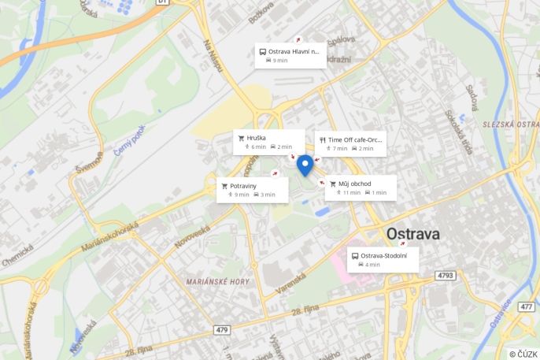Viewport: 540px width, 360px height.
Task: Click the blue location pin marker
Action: tap(305, 165)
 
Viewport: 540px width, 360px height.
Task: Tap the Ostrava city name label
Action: tap(412, 234)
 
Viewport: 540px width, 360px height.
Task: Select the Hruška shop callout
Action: tap(268, 142)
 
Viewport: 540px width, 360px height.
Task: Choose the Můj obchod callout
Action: tap(361, 188)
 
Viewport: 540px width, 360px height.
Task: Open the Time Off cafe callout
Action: tap(350, 143)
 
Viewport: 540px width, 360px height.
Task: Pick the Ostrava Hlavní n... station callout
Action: tap(290, 55)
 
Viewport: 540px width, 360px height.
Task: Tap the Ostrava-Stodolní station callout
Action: tap(383, 260)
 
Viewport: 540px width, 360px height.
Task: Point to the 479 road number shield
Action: tap(221, 329)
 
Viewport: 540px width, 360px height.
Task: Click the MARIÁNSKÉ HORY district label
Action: tap(217, 281)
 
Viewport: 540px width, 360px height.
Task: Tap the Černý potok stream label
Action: tap(129, 140)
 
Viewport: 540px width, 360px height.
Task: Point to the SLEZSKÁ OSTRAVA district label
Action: tap(511, 124)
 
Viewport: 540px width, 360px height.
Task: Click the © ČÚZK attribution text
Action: tap(523, 354)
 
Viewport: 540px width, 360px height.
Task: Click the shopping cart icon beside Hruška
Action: tap(242, 138)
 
